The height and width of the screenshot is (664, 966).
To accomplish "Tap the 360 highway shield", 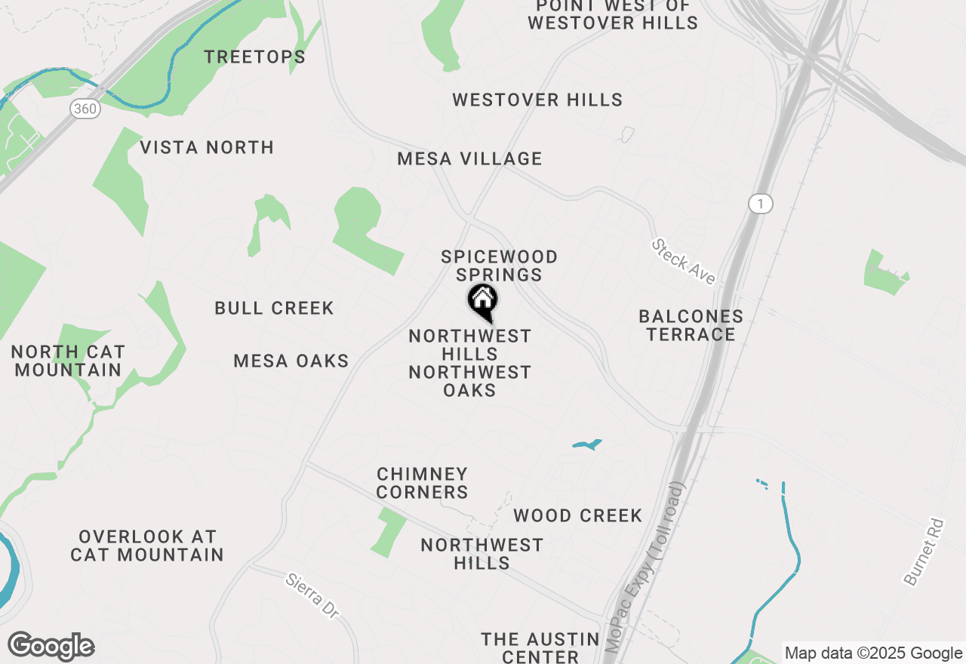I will point(85,109).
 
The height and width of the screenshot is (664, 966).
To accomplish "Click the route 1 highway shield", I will point(761,203).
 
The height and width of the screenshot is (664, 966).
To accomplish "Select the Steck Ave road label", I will point(684,262).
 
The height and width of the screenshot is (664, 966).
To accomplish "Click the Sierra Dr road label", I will point(312,597).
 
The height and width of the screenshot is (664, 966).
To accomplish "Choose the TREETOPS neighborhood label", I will point(255,57).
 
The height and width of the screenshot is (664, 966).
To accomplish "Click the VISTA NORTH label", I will point(207,147).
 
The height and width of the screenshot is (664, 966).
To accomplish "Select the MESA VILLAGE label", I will point(469,159).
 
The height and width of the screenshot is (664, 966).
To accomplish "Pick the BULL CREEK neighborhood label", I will point(274,309).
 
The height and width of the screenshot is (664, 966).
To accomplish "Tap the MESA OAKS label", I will point(291,361).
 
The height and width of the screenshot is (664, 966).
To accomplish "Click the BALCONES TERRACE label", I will point(691,325).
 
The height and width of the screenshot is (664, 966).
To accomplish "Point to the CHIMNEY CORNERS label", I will point(422,483).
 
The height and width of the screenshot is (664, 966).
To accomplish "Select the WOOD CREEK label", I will point(577,516).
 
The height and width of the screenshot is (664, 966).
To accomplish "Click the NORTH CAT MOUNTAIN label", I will point(68,361).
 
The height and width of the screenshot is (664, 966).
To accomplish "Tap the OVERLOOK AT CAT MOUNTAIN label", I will point(147,546).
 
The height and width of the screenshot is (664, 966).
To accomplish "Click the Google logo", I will point(51,646).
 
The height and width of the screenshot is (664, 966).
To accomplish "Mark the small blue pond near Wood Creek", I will point(587,444).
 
